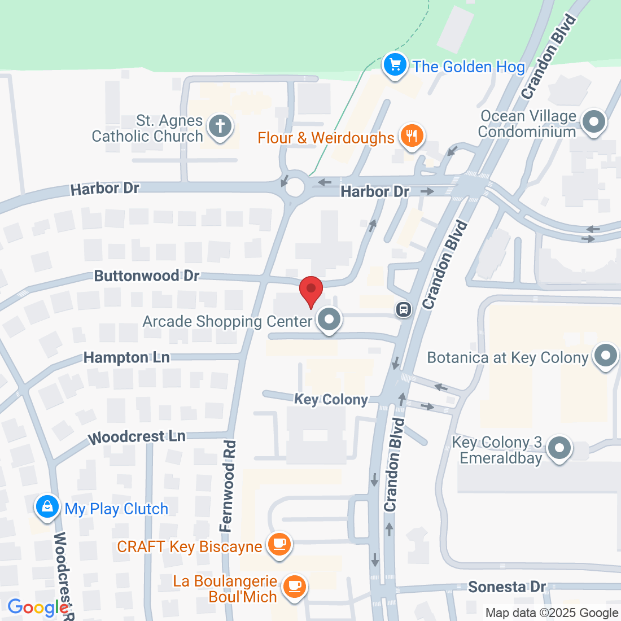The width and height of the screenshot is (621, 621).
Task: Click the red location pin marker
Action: [x=310, y=290]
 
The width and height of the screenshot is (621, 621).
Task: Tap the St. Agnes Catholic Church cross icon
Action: [x=220, y=126]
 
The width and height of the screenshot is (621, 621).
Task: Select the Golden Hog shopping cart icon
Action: [x=395, y=65]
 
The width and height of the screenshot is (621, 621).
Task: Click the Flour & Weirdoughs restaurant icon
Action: [x=412, y=136]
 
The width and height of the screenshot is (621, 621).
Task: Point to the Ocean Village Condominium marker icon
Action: [x=593, y=122]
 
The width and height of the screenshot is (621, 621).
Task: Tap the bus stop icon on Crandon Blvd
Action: [x=404, y=309]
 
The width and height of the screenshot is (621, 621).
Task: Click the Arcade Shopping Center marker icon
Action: [x=329, y=320]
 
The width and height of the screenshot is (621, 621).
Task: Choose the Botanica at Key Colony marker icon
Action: [x=606, y=356]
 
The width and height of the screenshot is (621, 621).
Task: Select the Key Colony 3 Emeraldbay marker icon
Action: [x=559, y=448]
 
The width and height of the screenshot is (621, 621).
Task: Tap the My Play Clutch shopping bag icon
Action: [x=47, y=507]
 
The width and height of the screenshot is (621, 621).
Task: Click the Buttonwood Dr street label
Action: [x=147, y=276]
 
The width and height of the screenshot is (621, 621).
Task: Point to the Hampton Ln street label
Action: [x=126, y=357]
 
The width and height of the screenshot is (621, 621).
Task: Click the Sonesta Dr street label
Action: [x=507, y=587]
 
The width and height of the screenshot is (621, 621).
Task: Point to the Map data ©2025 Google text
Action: [x=552, y=613]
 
